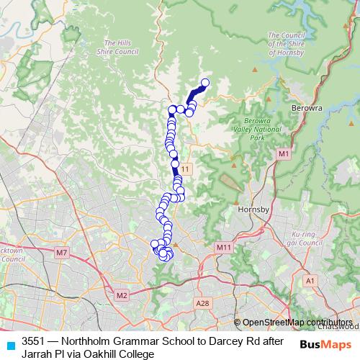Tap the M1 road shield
click(x=283, y=153)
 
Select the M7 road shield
click(x=61, y=252)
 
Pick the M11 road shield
click(x=223, y=247)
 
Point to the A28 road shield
click(x=203, y=304)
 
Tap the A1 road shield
click(x=310, y=280)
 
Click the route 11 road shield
click(x=186, y=168)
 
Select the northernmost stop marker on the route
click(x=204, y=83)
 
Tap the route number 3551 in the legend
click(x=35, y=341)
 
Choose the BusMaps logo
click(x=321, y=346)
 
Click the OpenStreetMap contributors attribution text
click(x=297, y=323)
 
